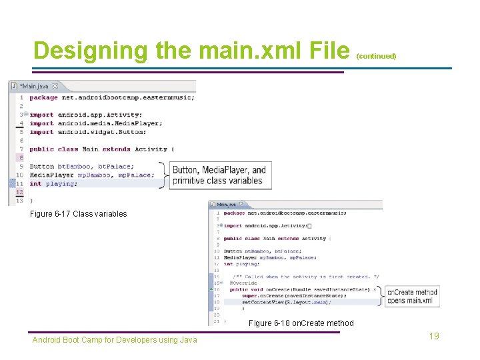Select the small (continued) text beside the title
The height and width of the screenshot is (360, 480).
[376, 56]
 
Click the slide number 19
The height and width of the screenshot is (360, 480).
[434, 336]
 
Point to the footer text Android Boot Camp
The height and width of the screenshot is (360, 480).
[115, 340]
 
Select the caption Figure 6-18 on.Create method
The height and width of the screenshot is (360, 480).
[301, 323]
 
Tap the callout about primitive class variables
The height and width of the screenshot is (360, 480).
[219, 175]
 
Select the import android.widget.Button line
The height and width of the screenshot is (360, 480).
[97, 132]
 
